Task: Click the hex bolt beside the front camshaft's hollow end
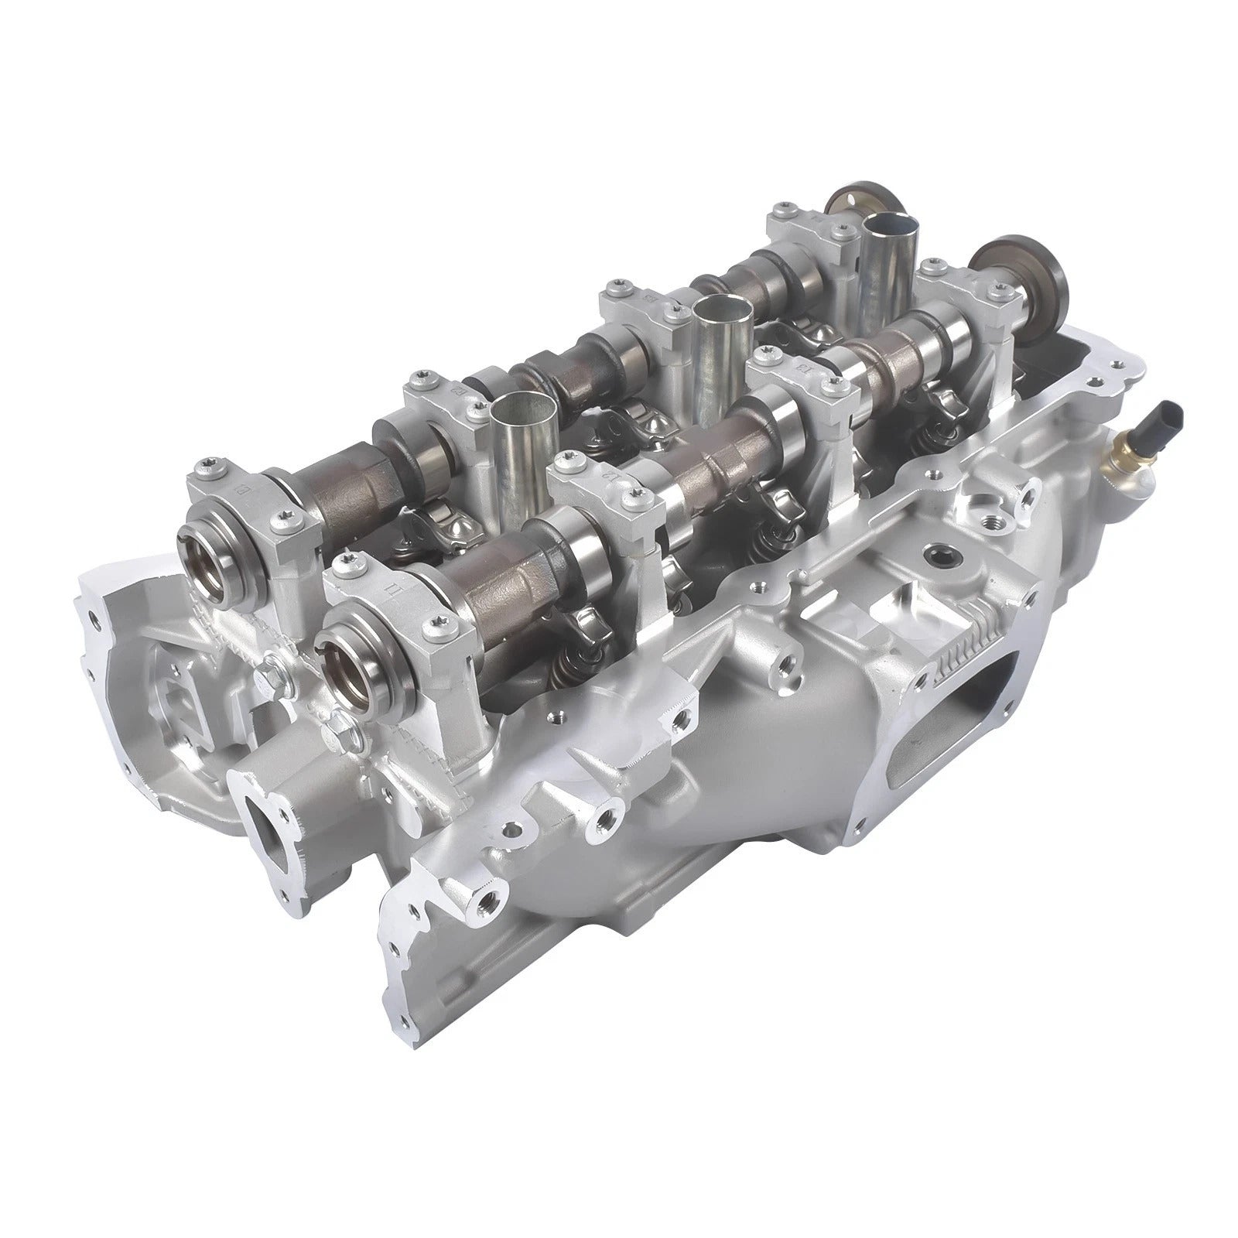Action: (339, 726)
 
